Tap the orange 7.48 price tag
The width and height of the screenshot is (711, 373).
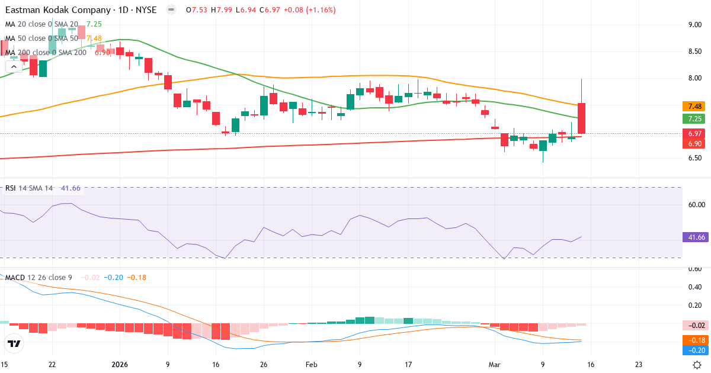[x=693, y=107]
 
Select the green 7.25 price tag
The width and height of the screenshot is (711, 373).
[x=693, y=119]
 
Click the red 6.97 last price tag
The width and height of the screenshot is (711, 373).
[x=693, y=134]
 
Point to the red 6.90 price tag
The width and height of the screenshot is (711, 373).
[x=693, y=144]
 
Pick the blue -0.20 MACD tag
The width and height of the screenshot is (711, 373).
[x=694, y=350]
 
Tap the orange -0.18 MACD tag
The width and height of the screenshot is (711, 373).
[x=694, y=340]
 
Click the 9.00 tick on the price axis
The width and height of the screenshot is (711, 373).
[x=695, y=24]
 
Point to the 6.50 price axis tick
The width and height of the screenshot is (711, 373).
[x=695, y=158]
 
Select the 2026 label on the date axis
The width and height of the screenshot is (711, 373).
[x=120, y=364]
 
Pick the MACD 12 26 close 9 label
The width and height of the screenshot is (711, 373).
[x=39, y=277]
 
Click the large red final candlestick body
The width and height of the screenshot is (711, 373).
[x=582, y=118]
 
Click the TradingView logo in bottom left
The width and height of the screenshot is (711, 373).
[x=14, y=343]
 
